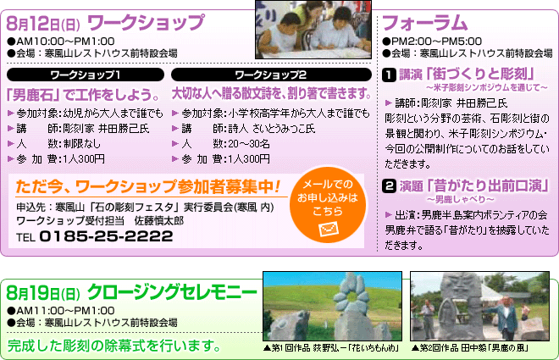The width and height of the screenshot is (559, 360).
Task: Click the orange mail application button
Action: [328, 204]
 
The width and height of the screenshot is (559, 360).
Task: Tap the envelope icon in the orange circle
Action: [328, 230]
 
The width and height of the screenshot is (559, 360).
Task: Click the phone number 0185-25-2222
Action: [106, 236]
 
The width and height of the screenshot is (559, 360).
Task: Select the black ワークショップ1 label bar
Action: [86, 75]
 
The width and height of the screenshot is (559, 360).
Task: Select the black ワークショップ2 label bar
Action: [271, 75]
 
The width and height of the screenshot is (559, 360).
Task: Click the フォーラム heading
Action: [424, 23]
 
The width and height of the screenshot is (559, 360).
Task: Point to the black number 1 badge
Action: [389, 75]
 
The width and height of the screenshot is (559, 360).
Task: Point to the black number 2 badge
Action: [389, 186]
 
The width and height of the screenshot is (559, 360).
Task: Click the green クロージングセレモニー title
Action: [172, 292]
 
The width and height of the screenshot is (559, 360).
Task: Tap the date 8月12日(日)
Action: [43, 24]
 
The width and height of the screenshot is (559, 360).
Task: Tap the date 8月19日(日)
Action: [43, 293]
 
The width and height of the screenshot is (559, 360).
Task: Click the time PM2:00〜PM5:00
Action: [432, 42]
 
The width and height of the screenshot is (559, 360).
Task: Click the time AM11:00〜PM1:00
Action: [61, 311]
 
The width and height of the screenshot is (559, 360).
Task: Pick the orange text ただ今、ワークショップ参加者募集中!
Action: [148, 186]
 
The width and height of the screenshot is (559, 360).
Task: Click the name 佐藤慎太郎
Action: [159, 221]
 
